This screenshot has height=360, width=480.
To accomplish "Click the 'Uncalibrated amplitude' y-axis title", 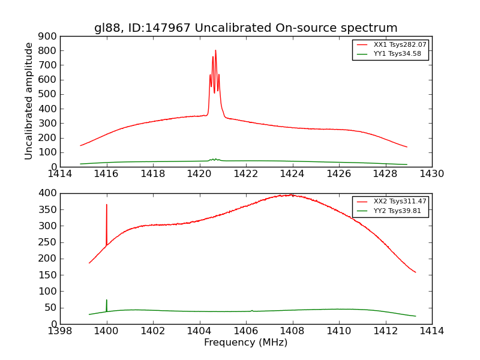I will coord(29,101).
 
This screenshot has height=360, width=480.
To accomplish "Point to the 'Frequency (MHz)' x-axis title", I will coord(245,343).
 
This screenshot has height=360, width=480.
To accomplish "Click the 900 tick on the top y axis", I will coord(47,36).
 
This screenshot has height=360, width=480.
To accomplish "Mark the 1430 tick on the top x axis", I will coord(431,174).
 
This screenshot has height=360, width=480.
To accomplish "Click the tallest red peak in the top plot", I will coord(215,51).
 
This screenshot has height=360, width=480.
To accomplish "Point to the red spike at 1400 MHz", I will coord(107,205).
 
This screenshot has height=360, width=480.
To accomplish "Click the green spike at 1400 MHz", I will coord(107,301).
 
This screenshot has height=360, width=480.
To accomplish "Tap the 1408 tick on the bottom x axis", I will coord(292,331).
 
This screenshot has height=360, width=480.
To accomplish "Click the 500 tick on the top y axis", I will coord(47,94).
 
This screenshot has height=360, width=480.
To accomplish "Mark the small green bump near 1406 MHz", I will coord(252,310).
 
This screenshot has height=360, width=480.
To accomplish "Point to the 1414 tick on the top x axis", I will coord(60,174).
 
